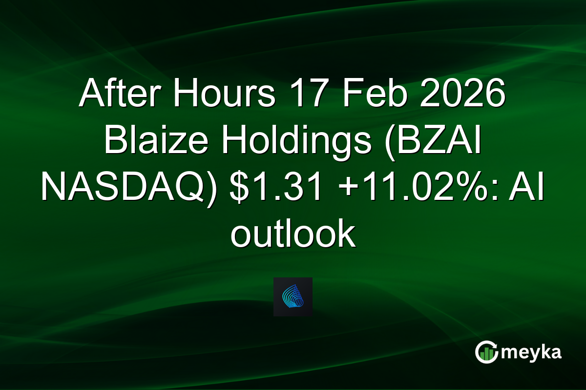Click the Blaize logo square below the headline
(x=293, y=297)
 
